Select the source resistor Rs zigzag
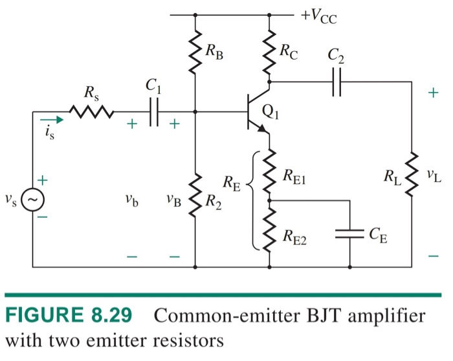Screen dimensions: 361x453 click(x=91, y=113)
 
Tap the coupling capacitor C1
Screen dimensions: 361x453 click(x=153, y=113)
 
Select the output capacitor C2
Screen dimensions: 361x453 click(x=336, y=82)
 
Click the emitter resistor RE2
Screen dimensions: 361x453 click(x=269, y=233)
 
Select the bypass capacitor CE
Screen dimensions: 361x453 click(x=349, y=234)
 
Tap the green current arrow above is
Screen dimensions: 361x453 click(x=51, y=119)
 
